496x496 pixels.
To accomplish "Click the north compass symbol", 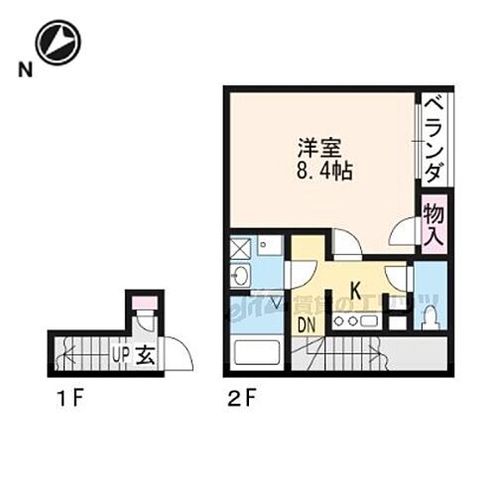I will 58,43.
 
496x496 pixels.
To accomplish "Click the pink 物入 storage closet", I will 434,222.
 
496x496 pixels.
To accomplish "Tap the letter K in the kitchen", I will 354,294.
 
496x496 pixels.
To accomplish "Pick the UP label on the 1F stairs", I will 120,353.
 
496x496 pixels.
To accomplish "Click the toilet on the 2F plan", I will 429,316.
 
